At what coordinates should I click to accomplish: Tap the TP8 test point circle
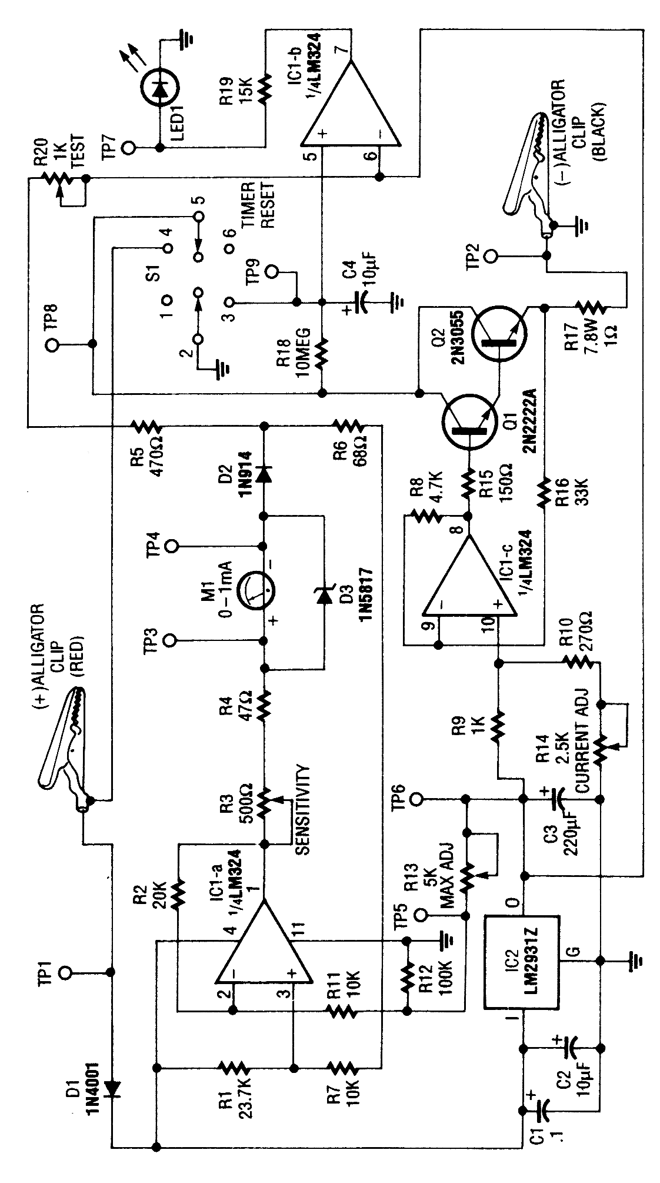[54, 345]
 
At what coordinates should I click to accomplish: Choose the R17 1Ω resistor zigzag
[589, 305]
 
